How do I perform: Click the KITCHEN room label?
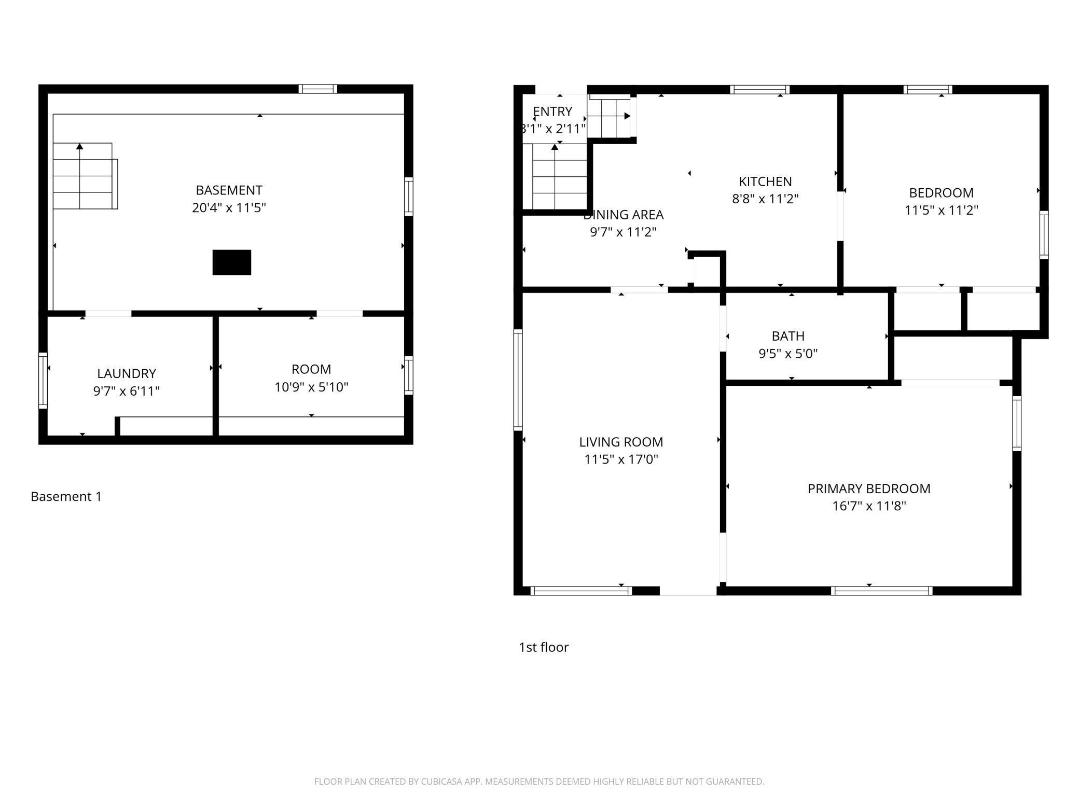tap(765, 182)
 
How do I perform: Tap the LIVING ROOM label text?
tap(621, 442)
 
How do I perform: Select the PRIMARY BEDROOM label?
tap(869, 489)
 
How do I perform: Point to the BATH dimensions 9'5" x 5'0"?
tap(788, 354)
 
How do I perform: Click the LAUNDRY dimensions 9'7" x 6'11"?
tap(126, 391)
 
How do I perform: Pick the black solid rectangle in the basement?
tap(232, 262)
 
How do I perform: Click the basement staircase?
tap(85, 176)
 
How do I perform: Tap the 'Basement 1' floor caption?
tap(66, 496)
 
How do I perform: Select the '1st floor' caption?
tap(544, 647)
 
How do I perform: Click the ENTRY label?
tap(552, 111)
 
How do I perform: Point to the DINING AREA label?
tap(624, 215)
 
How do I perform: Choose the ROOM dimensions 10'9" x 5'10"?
tap(311, 387)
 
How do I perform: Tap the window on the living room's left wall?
tap(518, 380)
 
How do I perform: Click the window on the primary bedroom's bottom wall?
tap(881, 591)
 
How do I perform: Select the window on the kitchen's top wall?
tap(760, 89)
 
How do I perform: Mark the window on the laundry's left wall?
tap(43, 381)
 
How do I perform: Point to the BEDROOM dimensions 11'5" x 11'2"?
tap(942, 210)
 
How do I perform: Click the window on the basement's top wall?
tap(317, 89)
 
